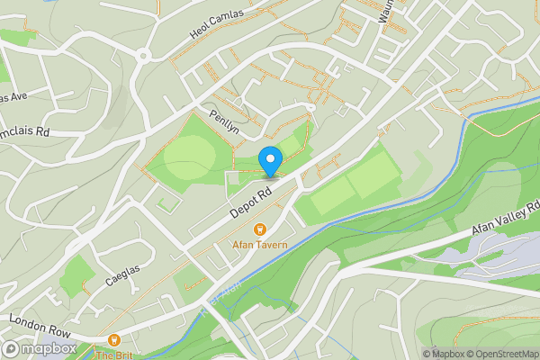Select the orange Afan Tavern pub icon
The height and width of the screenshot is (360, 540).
pyautogui.click(x=260, y=230)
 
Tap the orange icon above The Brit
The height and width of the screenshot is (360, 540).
pyautogui.click(x=113, y=340)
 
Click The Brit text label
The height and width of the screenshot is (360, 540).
pyautogui.click(x=113, y=355)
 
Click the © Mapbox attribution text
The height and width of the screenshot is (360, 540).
pyautogui.click(x=441, y=354)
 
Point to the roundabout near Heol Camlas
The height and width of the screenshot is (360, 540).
pyautogui.click(x=144, y=56)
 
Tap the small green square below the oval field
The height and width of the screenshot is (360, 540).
pyautogui.click(x=166, y=204)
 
